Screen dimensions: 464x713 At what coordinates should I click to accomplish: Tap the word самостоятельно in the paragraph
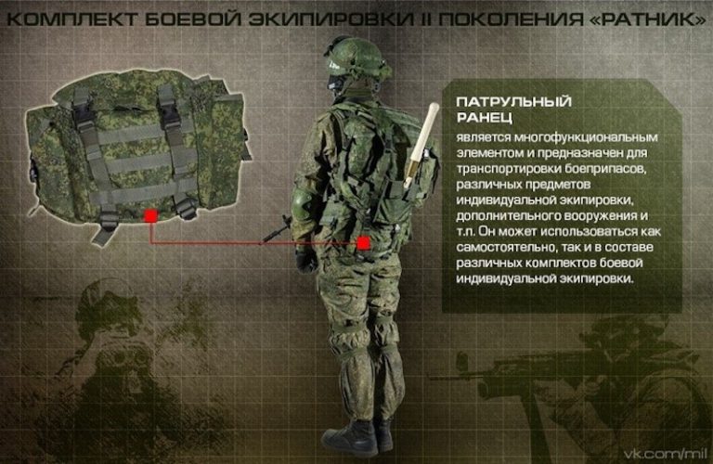click(x=505, y=248)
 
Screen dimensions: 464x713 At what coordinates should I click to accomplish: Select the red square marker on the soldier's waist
click(x=364, y=241)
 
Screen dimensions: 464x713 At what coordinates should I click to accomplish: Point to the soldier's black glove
click(x=306, y=258)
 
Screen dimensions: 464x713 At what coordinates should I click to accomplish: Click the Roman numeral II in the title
click(x=428, y=19)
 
